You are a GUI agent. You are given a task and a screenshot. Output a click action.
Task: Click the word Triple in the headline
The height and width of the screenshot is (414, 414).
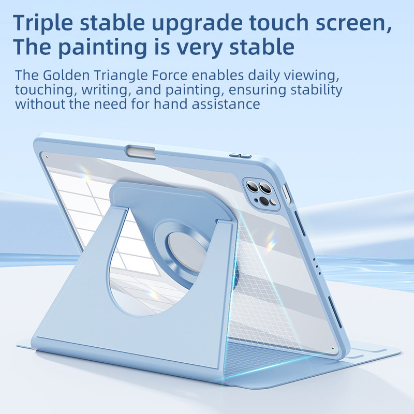(x=43, y=23)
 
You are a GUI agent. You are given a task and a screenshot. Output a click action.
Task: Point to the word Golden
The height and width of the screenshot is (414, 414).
(x=66, y=75)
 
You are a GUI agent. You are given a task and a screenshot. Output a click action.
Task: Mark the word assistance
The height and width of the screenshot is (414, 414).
(x=226, y=104)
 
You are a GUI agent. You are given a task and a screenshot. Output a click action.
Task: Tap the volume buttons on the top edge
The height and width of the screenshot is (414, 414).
(x=240, y=155)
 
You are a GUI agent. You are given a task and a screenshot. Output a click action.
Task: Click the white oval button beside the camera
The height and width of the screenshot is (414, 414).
(x=286, y=194)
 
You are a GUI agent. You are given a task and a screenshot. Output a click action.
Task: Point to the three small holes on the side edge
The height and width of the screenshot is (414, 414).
(x=317, y=267)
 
